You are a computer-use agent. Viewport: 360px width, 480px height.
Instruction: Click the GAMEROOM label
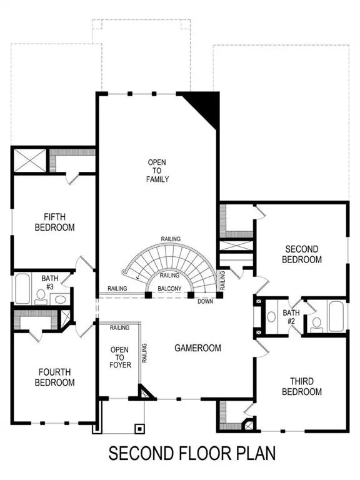click(x=197, y=348)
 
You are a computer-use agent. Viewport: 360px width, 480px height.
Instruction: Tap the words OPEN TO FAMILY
click(x=157, y=171)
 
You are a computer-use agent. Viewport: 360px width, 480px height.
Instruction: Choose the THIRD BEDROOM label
click(x=306, y=386)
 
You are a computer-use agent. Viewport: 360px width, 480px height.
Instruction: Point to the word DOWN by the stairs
click(x=204, y=301)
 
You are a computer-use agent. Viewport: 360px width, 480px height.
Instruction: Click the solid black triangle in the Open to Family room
click(x=203, y=106)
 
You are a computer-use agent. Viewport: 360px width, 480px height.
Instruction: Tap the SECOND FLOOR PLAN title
click(x=192, y=452)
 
